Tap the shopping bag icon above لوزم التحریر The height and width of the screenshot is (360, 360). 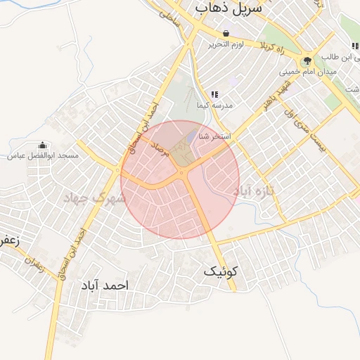(x=226, y=33)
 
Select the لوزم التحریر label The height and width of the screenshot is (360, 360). (x=226, y=44)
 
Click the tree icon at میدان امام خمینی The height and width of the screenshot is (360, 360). (x=307, y=60)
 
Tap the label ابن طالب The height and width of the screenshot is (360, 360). (x=340, y=56)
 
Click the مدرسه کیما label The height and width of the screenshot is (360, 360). (x=214, y=104)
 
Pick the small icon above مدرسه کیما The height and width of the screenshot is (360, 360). (x=214, y=94)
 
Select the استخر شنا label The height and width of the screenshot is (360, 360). (x=216, y=136)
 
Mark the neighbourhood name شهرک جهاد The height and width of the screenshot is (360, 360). (x=94, y=198)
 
